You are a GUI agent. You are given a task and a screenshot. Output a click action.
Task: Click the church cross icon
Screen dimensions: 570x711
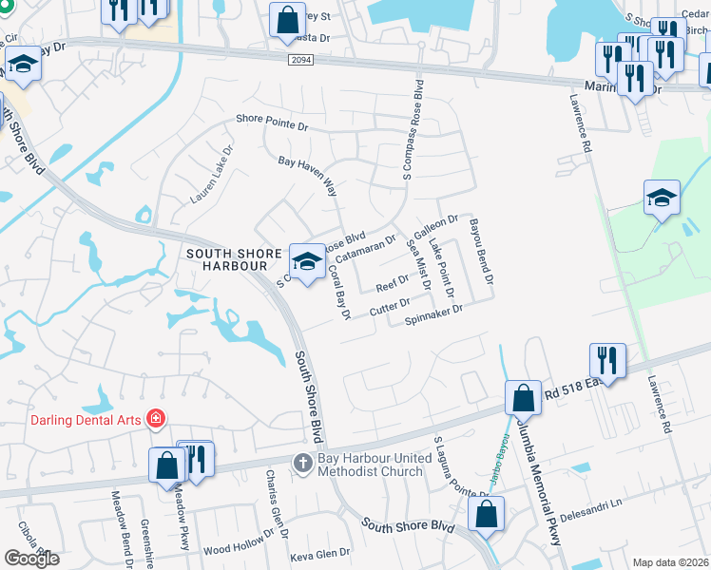(x=302, y=463)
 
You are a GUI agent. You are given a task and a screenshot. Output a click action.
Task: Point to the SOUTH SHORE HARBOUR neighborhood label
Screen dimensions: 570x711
(x=234, y=259)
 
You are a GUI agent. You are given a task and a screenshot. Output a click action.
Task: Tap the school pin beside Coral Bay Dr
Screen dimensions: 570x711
(x=306, y=261)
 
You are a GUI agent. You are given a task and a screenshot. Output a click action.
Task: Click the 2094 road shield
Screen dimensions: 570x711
(x=300, y=59)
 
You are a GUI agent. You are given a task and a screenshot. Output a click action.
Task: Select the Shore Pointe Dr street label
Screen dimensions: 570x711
(x=273, y=123)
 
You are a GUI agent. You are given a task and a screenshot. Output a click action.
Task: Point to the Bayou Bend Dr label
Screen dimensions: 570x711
(x=482, y=252)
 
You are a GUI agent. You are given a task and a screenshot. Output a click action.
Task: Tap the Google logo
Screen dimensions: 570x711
(x=30, y=559)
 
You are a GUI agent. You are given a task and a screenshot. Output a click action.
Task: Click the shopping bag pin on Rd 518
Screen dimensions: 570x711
(x=523, y=397)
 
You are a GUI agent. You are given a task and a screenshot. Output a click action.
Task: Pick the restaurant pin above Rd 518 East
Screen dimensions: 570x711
(x=606, y=360)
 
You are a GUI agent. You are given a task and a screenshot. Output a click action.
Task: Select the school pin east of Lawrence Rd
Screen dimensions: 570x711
(x=662, y=198)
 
